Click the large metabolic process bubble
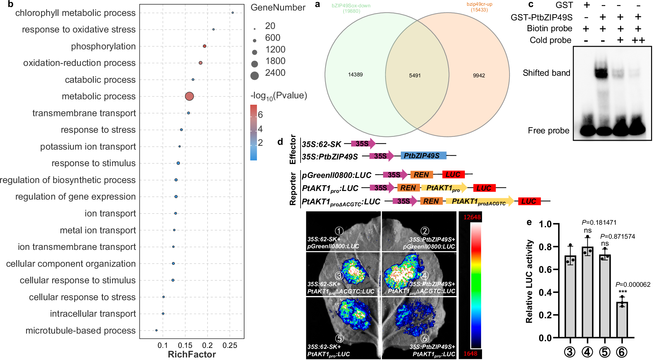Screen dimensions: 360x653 [189, 96]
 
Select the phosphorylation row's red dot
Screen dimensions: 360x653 [204, 46]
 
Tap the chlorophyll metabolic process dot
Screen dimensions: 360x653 [232, 13]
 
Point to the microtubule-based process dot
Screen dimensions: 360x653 [156, 330]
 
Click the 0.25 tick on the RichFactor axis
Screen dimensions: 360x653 [230, 345]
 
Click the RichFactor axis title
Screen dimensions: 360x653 [192, 354]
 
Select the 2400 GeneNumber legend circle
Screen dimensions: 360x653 [254, 76]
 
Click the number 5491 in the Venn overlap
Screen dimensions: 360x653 [415, 75]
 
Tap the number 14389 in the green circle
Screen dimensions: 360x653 [355, 74]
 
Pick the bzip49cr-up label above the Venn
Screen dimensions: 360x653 [479, 4]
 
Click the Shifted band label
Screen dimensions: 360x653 [546, 73]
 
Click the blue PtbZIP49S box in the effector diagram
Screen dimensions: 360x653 [423, 156]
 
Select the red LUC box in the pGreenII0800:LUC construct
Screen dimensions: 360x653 [453, 174]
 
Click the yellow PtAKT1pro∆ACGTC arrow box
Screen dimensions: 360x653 [479, 201]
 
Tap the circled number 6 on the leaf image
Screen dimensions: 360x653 [425, 338]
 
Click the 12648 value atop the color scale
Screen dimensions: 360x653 [472, 217]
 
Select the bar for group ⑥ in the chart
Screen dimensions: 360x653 [622, 320]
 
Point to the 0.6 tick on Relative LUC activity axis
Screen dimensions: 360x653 [545, 270]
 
